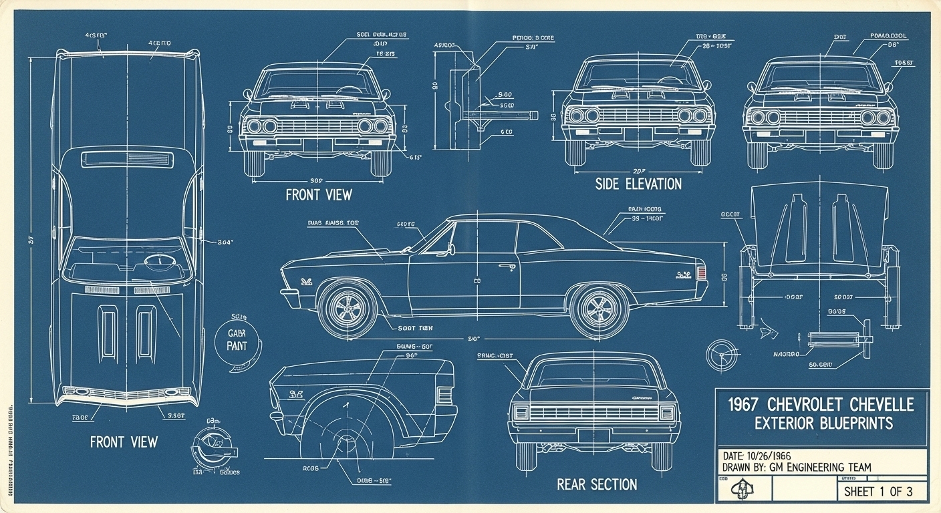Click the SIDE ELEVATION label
[638, 184]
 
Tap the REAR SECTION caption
[597, 484]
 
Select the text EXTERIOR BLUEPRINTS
[823, 423]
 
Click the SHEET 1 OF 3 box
[882, 492]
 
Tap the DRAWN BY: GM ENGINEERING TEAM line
[797, 468]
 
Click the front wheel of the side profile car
[348, 309]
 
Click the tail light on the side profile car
[701, 273]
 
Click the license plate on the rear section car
[593, 436]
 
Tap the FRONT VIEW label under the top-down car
[124, 442]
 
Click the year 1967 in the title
[743, 404]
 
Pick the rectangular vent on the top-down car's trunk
[126, 159]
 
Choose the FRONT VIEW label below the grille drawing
[318, 195]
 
